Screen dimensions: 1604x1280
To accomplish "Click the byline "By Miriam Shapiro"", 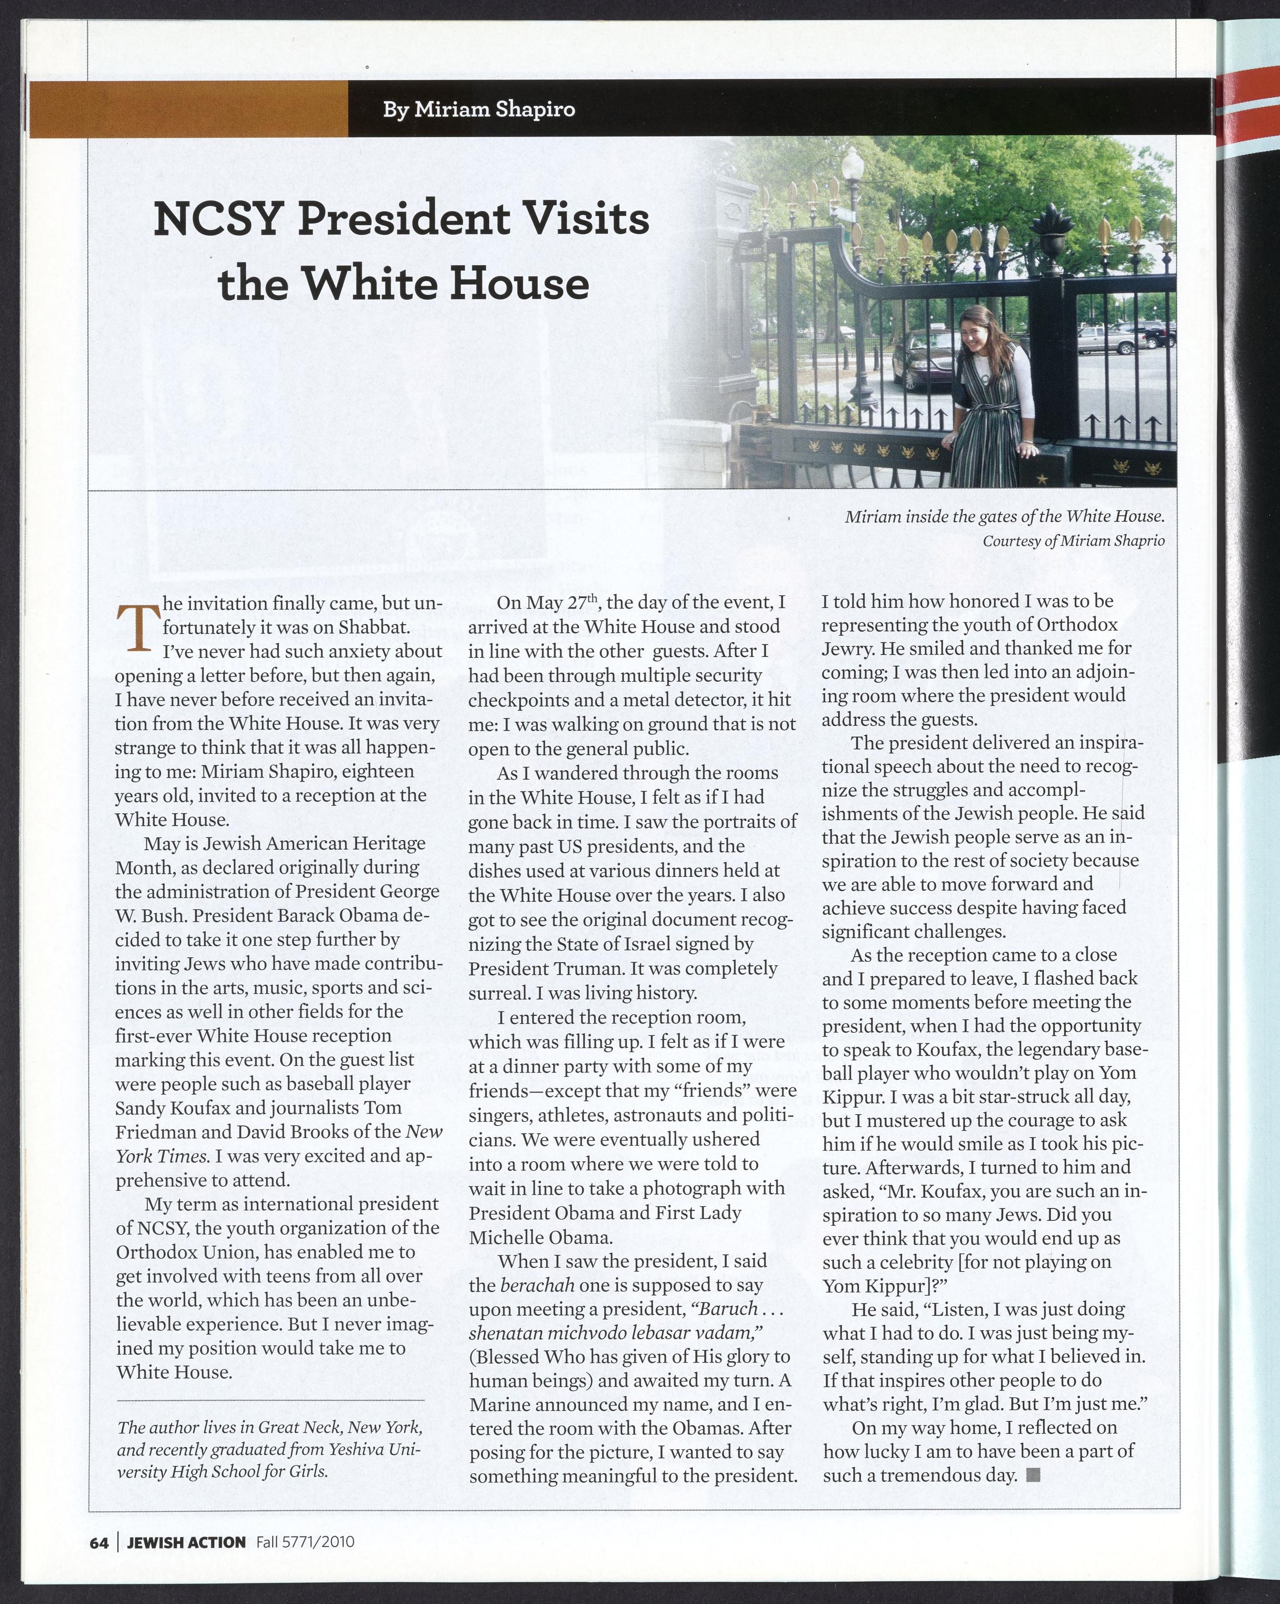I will pyautogui.click(x=479, y=109).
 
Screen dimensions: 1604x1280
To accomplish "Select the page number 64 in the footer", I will pyautogui.click(x=99, y=1542).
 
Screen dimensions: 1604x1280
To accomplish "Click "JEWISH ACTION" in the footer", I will pyautogui.click(x=186, y=1542).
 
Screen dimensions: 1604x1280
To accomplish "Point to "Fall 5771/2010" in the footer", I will pyautogui.click(x=305, y=1542).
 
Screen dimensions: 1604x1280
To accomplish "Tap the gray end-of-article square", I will pyautogui.click(x=1033, y=1475).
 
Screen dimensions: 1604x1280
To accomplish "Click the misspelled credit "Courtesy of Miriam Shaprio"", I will pyautogui.click(x=1073, y=541).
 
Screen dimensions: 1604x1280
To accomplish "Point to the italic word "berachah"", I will pyautogui.click(x=532, y=1285).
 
